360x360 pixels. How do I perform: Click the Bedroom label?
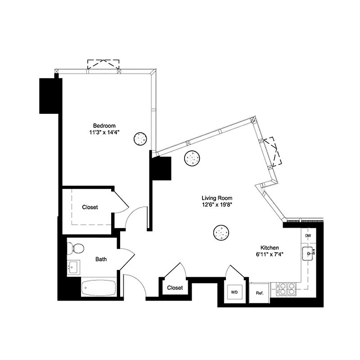pyautogui.click(x=104, y=126)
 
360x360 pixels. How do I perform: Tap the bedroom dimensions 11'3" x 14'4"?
pyautogui.click(x=104, y=133)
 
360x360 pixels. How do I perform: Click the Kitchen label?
pyautogui.click(x=270, y=248)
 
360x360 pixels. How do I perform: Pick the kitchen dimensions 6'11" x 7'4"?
pyautogui.click(x=270, y=255)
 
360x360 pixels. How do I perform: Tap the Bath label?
pyautogui.click(x=101, y=259)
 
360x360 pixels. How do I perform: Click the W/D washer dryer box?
pyautogui.click(x=235, y=292)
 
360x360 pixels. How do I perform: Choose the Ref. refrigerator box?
pyautogui.click(x=259, y=293)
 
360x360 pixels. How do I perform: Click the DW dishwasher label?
pyautogui.click(x=308, y=236)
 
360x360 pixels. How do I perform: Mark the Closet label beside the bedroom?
pyautogui.click(x=90, y=207)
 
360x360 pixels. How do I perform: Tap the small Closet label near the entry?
pyautogui.click(x=175, y=288)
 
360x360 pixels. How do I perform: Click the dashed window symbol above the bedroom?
pyautogui.click(x=103, y=65)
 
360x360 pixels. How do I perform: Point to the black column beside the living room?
pyautogui.click(x=161, y=168)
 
